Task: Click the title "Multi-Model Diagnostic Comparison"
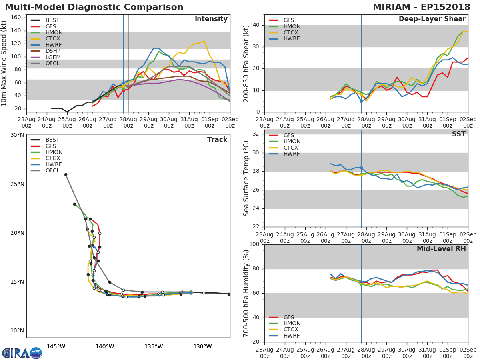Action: point(94,7)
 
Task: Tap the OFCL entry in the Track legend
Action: point(52,171)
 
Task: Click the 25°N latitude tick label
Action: point(17,184)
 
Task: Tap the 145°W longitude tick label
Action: point(56,346)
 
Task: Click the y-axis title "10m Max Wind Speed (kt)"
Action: point(5,63)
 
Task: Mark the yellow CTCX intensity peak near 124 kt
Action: point(204,41)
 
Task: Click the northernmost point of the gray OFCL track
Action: point(66,174)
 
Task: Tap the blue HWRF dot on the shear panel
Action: point(361,101)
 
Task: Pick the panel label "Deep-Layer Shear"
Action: point(432,19)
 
